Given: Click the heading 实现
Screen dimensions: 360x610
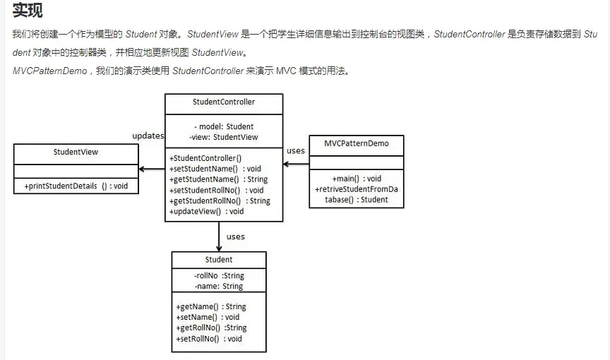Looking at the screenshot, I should pos(28,11).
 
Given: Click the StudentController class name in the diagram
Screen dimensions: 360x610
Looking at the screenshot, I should pos(223,102).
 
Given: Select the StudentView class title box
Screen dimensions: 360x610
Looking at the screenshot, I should pos(76,152).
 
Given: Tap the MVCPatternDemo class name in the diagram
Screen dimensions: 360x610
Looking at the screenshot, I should pos(357,143).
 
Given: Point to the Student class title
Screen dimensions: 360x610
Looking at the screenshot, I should pos(219,260).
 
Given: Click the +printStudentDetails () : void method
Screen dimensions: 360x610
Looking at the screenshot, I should pos(76,186).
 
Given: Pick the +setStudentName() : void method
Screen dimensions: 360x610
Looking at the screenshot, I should pos(215,169).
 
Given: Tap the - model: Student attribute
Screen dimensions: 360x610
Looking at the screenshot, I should pos(223,127).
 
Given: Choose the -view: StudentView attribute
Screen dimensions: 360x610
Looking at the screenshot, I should pos(224,137).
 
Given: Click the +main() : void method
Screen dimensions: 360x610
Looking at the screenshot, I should pos(357,179).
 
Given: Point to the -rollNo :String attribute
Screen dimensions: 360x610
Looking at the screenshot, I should pos(219,276).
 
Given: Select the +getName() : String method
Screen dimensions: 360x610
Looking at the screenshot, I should pos(210,307).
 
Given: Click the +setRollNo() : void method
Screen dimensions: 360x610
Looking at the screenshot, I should pos(208,339).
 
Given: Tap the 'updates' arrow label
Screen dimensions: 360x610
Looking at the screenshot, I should pos(148,136).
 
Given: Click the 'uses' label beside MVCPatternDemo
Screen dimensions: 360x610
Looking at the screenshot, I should pos(296,150).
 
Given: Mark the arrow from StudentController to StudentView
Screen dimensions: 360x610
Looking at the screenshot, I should pos(152,169).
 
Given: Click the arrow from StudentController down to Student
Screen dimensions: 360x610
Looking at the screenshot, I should pos(219,236).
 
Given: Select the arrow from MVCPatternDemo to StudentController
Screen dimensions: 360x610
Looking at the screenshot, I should pos(296,164).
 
